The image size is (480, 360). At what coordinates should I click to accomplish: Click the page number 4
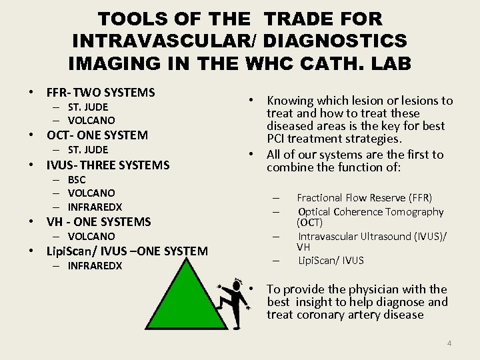449,343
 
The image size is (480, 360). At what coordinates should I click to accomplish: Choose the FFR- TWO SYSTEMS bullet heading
100,93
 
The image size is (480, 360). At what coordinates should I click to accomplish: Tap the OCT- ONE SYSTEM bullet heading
97,135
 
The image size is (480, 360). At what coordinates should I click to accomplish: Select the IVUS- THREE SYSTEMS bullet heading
107,165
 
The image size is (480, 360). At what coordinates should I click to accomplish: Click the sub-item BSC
77,179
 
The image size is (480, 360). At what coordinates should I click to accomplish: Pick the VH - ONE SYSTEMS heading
99,222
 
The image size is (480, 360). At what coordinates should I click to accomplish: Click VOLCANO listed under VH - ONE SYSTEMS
91,236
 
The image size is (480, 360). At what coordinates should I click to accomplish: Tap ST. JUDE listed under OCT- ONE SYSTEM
87,149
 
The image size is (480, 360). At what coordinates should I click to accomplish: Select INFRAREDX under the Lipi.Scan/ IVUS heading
95,266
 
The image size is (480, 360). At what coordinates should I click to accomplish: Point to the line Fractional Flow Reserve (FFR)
364,197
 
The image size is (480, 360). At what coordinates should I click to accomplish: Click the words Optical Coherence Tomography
371,211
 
